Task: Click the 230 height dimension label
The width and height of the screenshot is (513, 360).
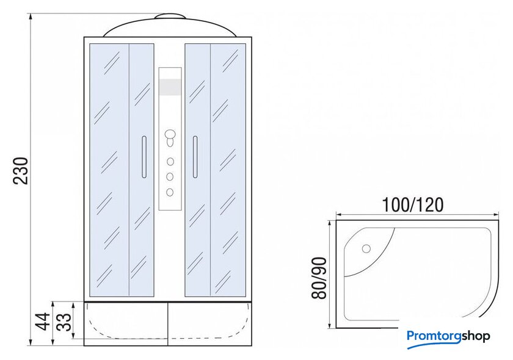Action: tap(21, 171)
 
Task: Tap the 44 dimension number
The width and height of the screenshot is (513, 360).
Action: tap(43, 322)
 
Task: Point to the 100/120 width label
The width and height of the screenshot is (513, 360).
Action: tap(413, 205)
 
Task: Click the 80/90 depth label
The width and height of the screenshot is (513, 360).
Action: tap(319, 278)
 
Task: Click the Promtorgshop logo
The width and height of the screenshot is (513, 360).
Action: tap(448, 336)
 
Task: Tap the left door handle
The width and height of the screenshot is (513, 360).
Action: tap(144, 157)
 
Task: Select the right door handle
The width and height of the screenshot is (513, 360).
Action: tap(195, 157)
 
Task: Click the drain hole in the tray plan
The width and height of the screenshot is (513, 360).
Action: tap(366, 249)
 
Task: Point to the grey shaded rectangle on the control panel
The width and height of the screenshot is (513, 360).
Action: tap(170, 87)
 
